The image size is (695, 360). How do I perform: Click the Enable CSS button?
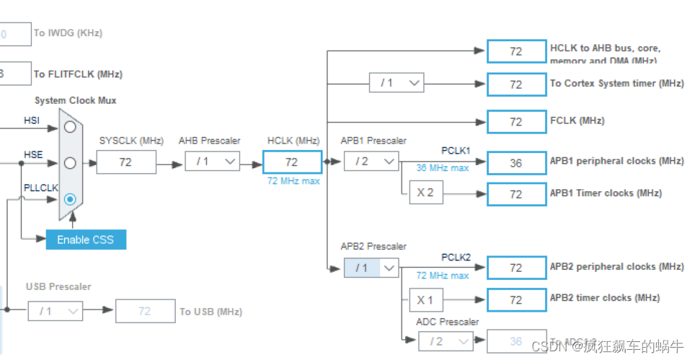86,240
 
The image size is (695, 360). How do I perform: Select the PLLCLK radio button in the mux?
70,199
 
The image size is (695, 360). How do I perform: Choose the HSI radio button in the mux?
70,127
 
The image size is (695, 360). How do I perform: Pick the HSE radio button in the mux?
70,163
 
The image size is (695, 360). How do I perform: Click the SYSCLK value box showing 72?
126,162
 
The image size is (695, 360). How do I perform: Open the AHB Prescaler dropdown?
212,162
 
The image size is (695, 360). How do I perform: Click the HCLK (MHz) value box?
292,162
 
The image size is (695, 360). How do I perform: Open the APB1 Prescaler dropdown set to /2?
371,162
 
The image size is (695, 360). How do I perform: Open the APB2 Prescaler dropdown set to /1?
371,268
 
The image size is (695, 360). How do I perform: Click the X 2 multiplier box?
426,193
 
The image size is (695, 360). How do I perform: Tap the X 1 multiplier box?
426,299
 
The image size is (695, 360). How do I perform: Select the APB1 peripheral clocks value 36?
515,163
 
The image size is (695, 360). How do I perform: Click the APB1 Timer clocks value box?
515,194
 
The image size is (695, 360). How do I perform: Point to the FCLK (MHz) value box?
515,122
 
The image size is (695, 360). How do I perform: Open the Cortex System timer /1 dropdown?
396,83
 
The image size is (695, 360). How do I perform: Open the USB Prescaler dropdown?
56,311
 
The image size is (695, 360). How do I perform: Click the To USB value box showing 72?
145,311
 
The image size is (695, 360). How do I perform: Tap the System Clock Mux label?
75,100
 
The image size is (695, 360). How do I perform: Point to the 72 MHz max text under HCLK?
293,181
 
